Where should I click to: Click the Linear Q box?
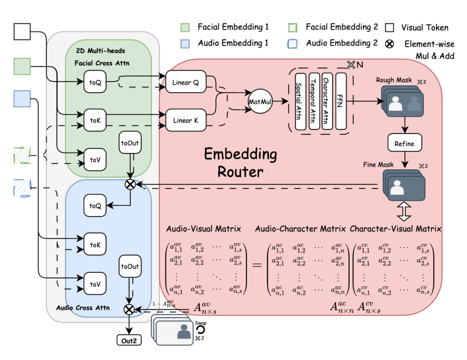click(185, 82)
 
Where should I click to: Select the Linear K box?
click(185, 120)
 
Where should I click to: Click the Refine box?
click(404, 143)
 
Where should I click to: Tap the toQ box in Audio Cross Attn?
click(95, 205)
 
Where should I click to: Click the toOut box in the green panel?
click(130, 143)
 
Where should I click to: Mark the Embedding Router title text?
click(240, 163)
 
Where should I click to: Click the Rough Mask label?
click(395, 79)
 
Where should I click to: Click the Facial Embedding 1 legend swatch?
click(185, 27)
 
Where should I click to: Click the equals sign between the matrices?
click(257, 264)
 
